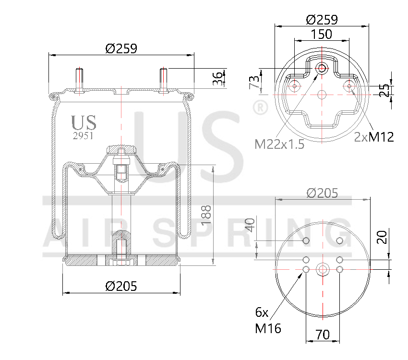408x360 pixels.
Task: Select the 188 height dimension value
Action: coord(206,215)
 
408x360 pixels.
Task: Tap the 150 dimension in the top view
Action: coord(321,35)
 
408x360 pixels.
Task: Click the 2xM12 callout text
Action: coord(374,137)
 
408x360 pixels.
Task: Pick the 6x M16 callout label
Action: coord(268,321)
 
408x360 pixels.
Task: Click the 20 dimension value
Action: coord(382,237)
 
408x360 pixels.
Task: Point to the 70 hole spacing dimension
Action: coord(323,335)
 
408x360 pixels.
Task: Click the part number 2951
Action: coord(83,136)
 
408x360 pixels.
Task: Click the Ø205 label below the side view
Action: coord(121,287)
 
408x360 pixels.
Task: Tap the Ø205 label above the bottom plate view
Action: coord(322,193)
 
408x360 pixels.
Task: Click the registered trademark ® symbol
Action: coord(260,108)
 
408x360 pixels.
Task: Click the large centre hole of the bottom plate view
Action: coord(323,270)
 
